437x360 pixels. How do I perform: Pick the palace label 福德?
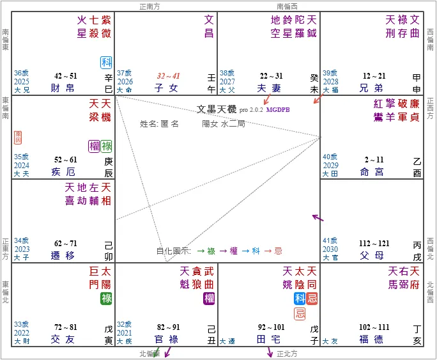(372, 338)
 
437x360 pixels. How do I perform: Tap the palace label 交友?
(63, 338)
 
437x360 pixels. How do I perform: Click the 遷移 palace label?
(63, 254)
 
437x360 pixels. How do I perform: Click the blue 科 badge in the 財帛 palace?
(106, 62)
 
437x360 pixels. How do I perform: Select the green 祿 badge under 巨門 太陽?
(105, 298)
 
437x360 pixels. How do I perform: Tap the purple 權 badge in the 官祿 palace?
(209, 298)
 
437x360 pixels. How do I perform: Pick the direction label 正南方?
(152, 6)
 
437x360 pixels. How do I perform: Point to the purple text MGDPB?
(279, 109)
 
